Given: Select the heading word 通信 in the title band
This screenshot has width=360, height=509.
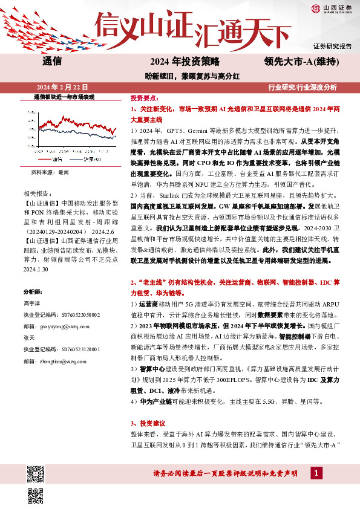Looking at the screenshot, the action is coord(53,61).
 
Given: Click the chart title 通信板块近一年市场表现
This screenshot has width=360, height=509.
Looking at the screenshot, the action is coord(64,97).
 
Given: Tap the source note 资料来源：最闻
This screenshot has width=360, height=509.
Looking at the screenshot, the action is coord(50,172).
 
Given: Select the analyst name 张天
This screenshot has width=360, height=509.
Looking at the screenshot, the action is coord(29,337).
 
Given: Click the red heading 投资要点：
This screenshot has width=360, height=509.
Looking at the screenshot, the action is coord(145,97).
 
